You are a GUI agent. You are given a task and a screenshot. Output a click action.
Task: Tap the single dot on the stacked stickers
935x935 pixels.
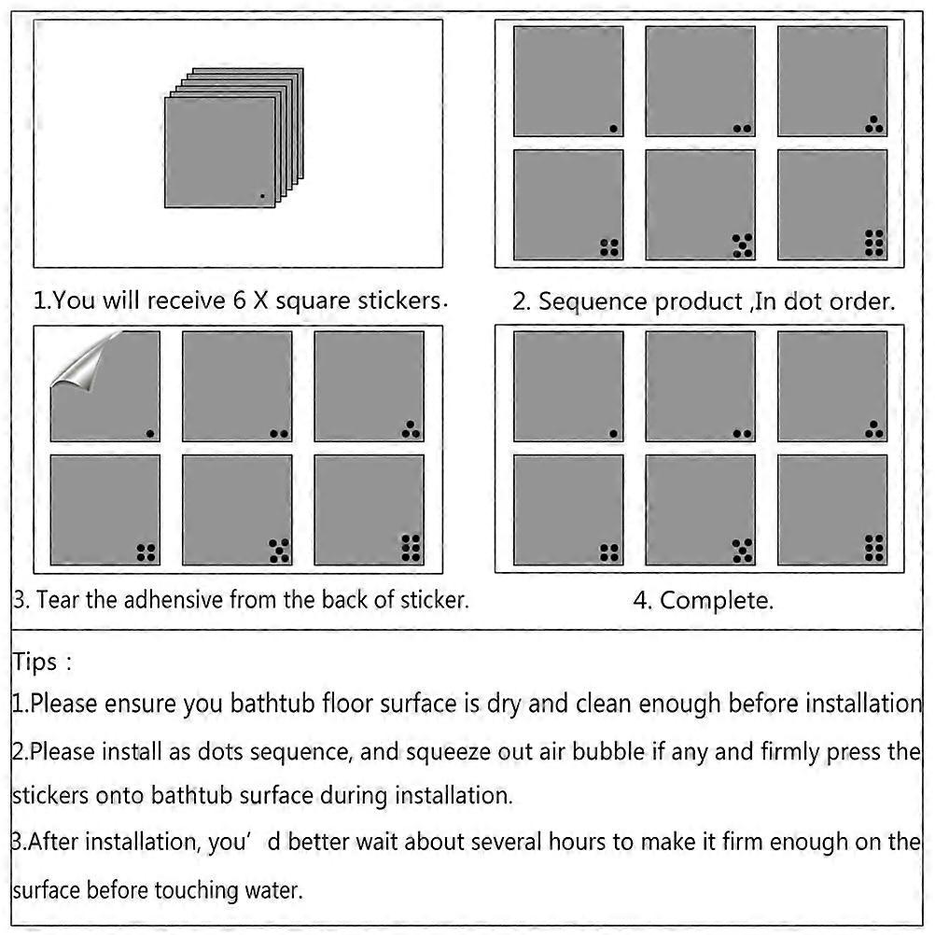(x=262, y=196)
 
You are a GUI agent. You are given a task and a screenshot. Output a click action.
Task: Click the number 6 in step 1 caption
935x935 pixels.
(x=240, y=300)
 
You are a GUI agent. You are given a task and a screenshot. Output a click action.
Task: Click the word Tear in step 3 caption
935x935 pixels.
(x=58, y=600)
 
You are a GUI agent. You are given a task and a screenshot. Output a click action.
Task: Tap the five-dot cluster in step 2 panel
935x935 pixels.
(x=743, y=245)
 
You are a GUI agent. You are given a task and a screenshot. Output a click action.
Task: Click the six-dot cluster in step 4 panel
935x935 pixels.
(x=874, y=548)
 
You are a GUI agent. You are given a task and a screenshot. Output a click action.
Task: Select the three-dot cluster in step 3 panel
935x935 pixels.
(x=411, y=429)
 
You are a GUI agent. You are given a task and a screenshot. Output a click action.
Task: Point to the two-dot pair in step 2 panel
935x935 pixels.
(x=743, y=129)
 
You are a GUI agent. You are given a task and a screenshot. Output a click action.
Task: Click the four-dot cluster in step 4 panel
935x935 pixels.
(x=609, y=552)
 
